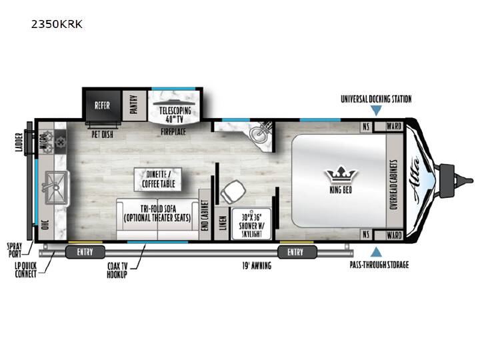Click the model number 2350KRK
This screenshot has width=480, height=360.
[57, 24]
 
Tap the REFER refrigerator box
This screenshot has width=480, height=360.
[103, 105]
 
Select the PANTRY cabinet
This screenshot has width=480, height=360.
[135, 105]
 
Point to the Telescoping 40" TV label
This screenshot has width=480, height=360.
[175, 115]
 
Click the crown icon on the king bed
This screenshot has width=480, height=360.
[341, 176]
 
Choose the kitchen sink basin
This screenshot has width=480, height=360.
[57, 187]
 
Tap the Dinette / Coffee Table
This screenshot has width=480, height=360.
[158, 180]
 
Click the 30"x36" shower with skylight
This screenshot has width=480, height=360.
[251, 224]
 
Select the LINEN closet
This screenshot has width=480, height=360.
[223, 223]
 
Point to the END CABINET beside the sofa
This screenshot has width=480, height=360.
[205, 215]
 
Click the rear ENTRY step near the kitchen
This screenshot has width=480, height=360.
[85, 252]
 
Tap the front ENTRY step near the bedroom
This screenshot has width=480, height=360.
[297, 252]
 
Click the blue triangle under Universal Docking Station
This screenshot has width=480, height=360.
[376, 111]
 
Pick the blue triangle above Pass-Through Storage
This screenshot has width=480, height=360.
[376, 252]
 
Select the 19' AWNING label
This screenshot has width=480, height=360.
[257, 265]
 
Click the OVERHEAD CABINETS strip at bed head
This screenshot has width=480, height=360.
[394, 184]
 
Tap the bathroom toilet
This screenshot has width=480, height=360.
[233, 192]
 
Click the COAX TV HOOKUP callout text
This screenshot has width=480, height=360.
[117, 270]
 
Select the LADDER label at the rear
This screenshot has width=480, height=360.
[19, 142]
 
